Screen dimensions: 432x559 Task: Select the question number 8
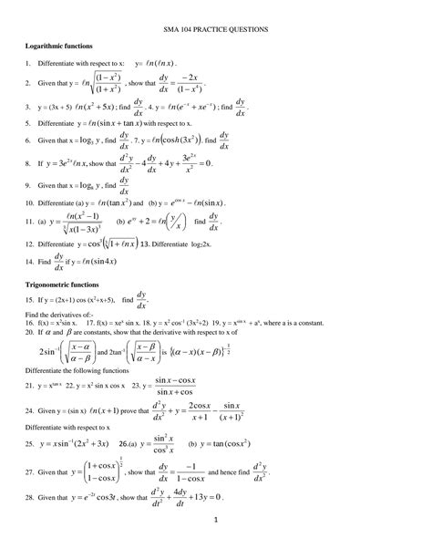pyautogui.click(x=29, y=165)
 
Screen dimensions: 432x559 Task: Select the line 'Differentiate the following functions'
pyautogui.click(x=84, y=371)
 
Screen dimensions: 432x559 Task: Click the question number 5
pyautogui.click(x=29, y=121)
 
